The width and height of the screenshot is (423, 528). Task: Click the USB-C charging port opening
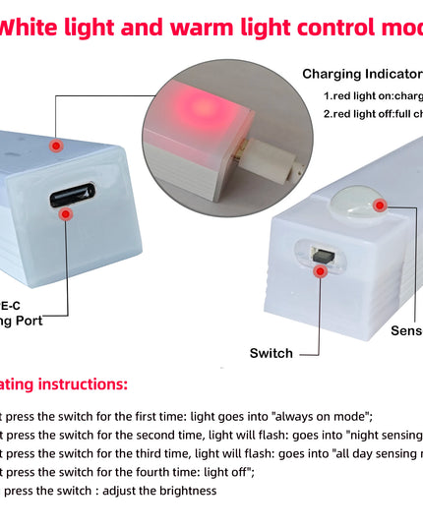click(x=73, y=194)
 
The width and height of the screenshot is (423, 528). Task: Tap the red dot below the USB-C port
click(x=66, y=213)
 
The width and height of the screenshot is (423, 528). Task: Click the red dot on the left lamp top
click(x=56, y=145)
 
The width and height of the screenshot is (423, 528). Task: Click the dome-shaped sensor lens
click(x=355, y=203)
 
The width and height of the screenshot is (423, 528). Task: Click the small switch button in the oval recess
click(x=320, y=253)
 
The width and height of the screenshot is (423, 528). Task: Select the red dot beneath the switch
click(x=320, y=271)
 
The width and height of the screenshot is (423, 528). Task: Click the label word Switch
click(x=272, y=353)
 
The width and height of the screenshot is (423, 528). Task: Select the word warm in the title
click(x=211, y=27)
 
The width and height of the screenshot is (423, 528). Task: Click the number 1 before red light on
click(x=327, y=95)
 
